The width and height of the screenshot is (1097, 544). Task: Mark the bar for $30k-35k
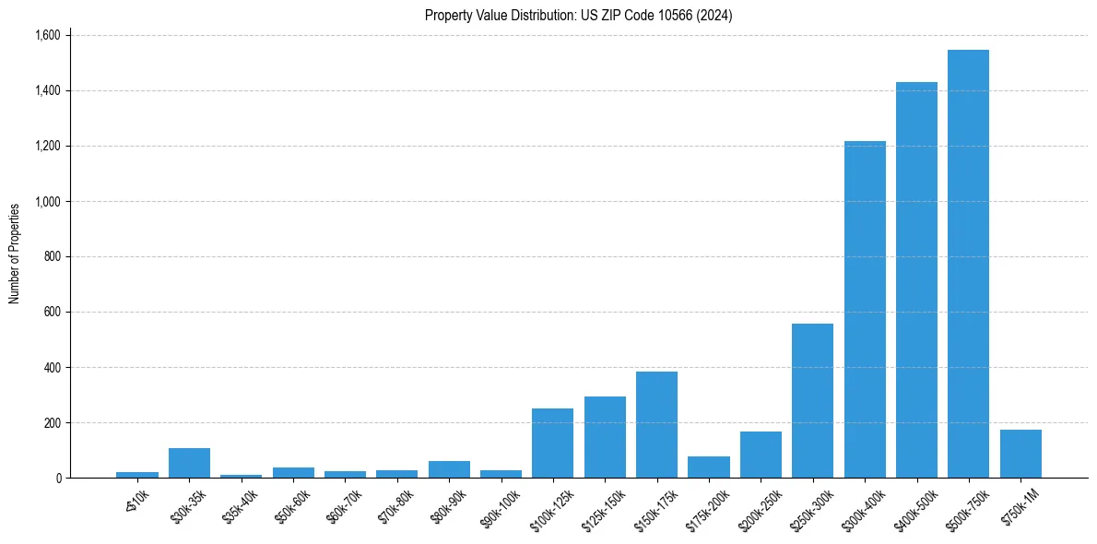pos(189,463)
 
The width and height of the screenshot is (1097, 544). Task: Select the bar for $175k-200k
pos(709,467)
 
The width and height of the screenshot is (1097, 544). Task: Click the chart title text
pos(578,15)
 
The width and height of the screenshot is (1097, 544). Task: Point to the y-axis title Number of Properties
pos(15,253)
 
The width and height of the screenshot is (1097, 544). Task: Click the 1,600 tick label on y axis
pos(47,35)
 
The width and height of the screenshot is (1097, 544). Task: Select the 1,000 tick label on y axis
pos(47,201)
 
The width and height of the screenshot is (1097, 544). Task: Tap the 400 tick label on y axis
pos(52,367)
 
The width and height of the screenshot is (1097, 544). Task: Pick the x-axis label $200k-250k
pos(758,506)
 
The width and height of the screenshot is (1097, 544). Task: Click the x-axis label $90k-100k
pos(500,505)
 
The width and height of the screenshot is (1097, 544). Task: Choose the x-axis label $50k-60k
pos(292,504)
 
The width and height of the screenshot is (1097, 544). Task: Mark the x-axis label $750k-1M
pos(1020,505)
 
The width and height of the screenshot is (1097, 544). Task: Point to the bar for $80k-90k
pos(449,469)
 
